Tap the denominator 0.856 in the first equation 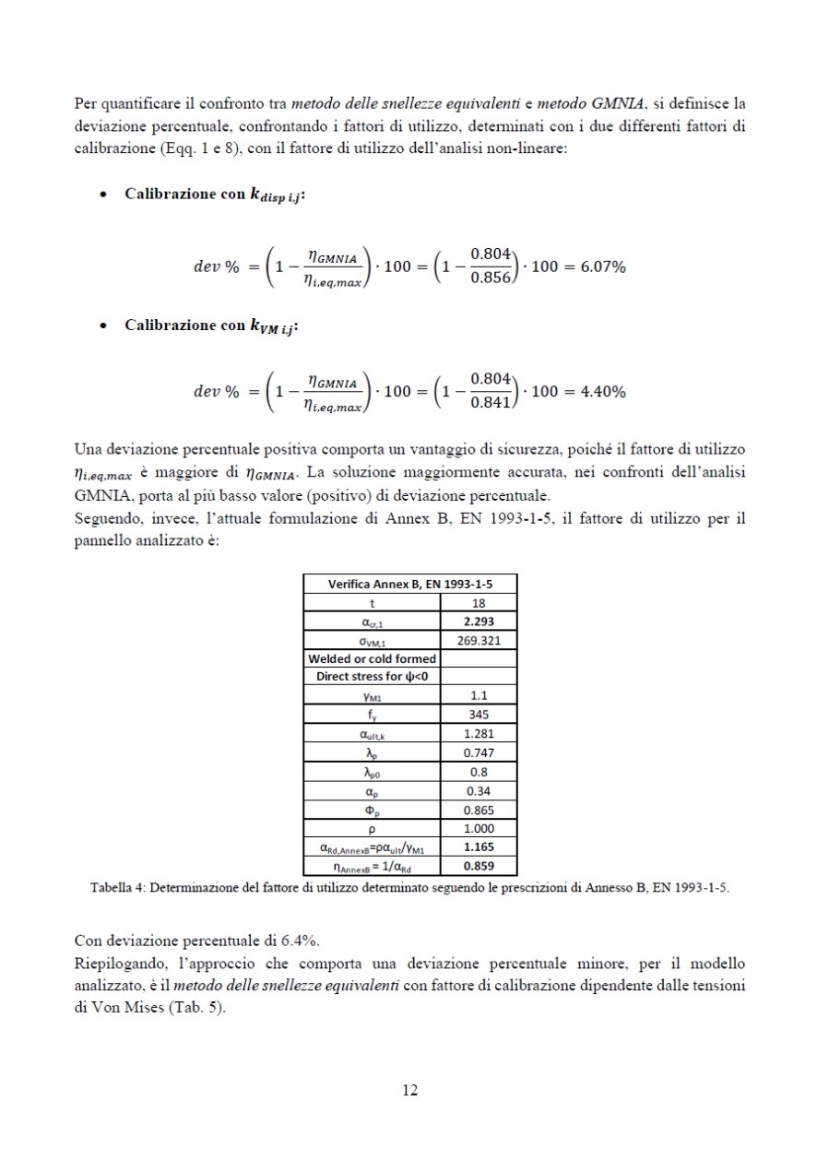point(491,281)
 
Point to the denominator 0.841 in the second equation point(491,406)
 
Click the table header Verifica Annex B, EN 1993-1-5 point(409,583)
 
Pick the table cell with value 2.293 point(480,622)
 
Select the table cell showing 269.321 point(480,641)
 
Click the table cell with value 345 point(480,715)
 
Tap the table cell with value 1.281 point(480,734)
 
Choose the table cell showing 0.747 point(480,753)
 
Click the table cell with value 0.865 point(480,810)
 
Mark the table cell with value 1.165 point(480,846)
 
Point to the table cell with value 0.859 point(480,866)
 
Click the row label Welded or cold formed point(373,659)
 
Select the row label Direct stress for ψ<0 point(373,678)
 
